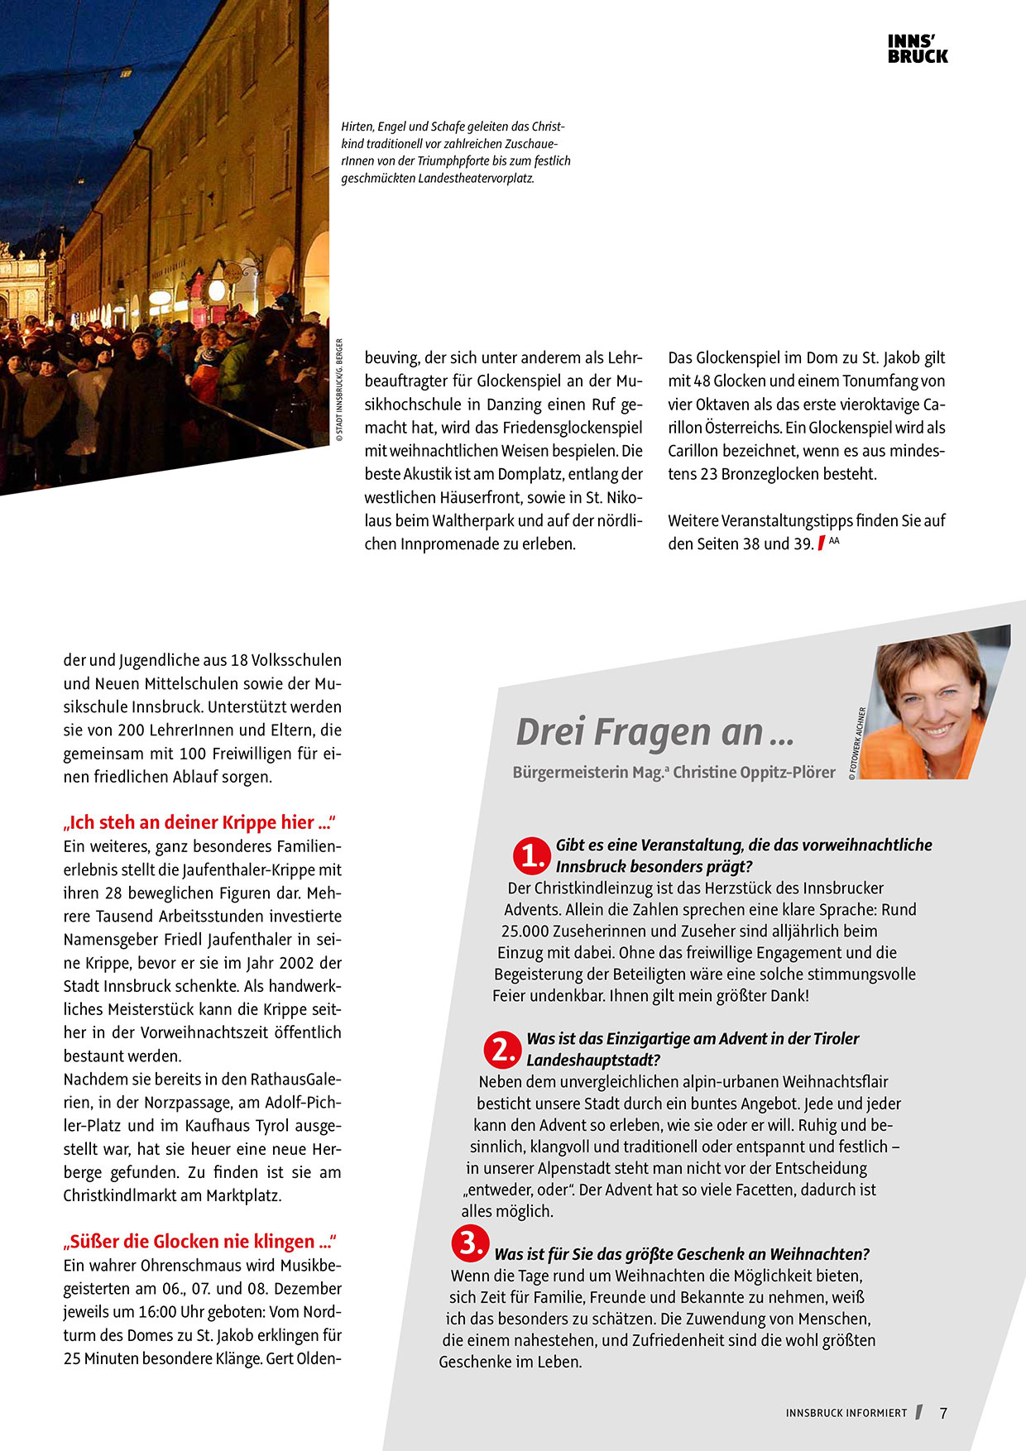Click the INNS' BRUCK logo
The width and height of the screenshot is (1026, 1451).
click(918, 50)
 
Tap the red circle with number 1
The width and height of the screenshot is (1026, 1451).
click(530, 856)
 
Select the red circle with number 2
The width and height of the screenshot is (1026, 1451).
click(501, 1049)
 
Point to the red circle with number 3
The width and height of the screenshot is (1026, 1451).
click(469, 1243)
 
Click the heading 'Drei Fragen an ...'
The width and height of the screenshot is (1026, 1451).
click(654, 731)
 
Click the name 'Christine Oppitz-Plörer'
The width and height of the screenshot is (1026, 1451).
click(754, 773)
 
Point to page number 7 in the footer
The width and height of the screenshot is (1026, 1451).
click(943, 1413)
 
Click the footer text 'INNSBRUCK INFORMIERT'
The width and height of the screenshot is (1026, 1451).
click(846, 1413)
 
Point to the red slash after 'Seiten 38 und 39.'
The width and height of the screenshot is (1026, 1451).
click(821, 544)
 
